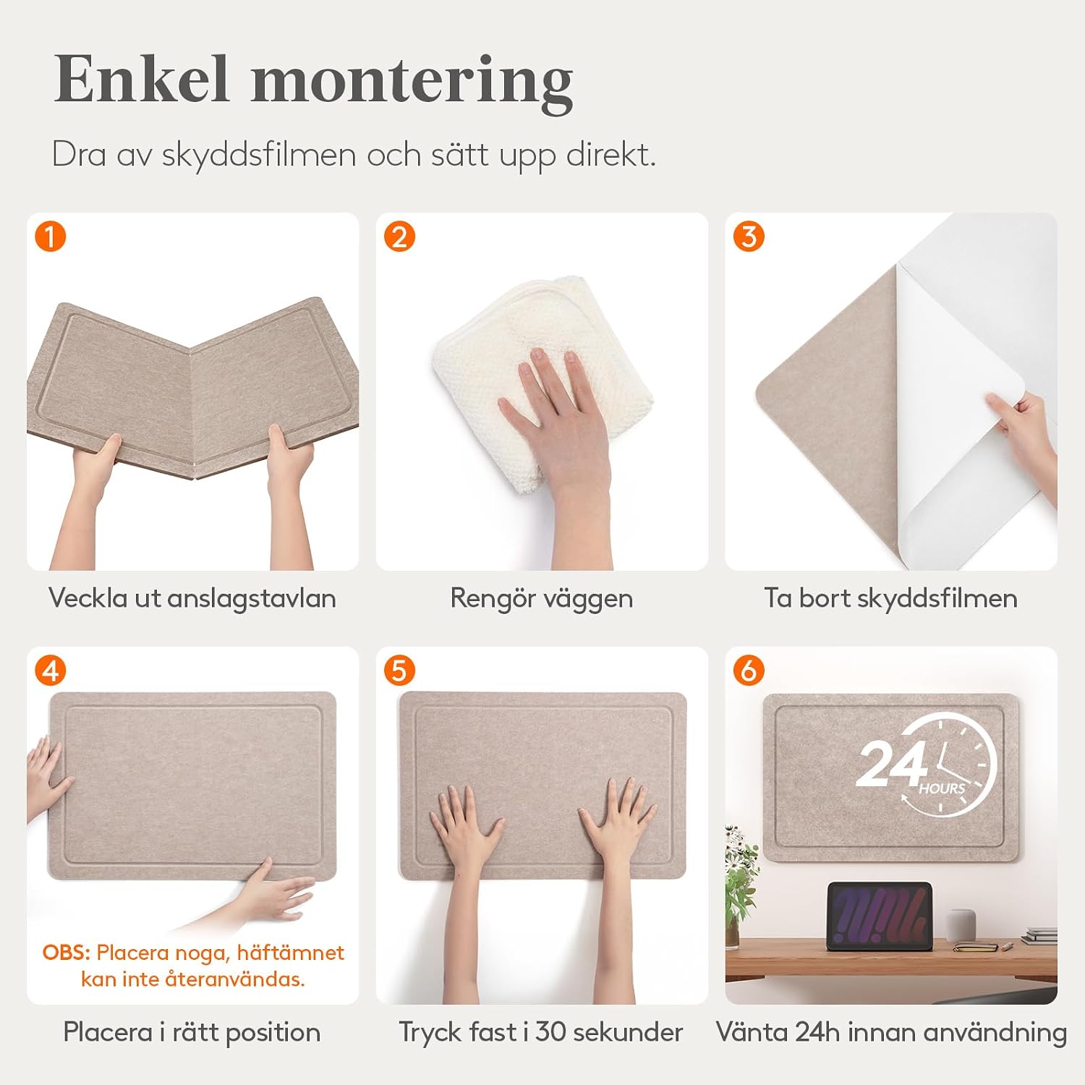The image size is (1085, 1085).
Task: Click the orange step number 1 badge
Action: click(x=51, y=237)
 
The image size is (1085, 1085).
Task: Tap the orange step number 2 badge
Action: click(x=399, y=237)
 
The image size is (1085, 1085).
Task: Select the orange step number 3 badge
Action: click(x=749, y=237)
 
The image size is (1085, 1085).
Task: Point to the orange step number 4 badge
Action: click(x=51, y=671)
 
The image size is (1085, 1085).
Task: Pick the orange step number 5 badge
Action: click(x=399, y=671)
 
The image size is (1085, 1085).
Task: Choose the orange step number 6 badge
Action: click(x=749, y=671)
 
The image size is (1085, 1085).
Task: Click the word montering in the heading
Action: click(x=412, y=83)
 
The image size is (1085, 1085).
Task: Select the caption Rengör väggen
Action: click(x=542, y=598)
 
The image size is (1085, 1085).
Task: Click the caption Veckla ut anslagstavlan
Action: click(x=192, y=598)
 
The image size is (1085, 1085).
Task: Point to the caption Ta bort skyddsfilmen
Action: click(x=891, y=598)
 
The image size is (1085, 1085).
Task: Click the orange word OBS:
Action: click(x=67, y=953)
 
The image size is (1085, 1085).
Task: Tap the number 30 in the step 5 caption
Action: click(x=550, y=1032)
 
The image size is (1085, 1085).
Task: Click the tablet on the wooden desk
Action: click(x=879, y=915)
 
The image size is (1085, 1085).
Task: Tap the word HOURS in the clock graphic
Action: click(x=942, y=788)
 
